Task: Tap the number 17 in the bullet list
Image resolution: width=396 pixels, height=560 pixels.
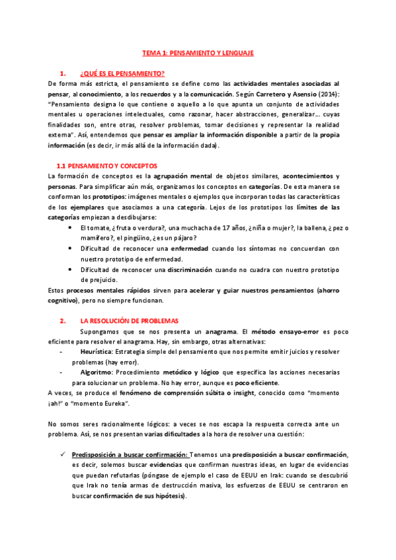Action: click(229, 228)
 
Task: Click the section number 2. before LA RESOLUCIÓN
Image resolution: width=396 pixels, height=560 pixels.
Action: click(61, 322)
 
